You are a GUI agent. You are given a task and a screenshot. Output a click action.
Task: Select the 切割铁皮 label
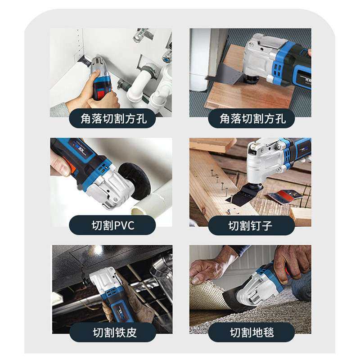click(x=112, y=332)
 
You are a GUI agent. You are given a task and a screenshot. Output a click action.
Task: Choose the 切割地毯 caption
click(x=251, y=332)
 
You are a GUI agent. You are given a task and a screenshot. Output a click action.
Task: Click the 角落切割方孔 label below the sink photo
click(x=112, y=118)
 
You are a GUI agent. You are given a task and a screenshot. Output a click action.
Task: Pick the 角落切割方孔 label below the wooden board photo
click(x=251, y=118)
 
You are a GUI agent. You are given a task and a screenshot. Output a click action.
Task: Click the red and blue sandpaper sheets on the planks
click(x=288, y=196)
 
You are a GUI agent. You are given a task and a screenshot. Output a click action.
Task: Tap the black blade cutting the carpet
click(x=236, y=301)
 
